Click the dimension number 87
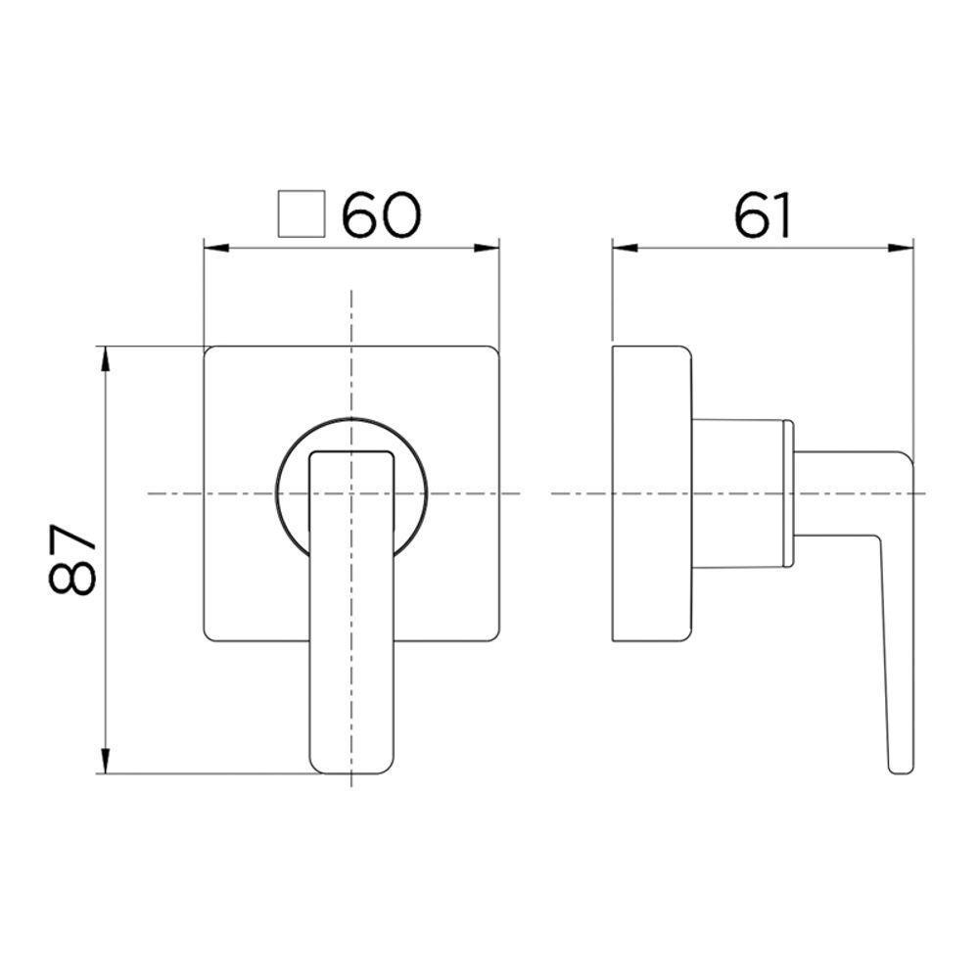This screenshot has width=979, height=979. pyautogui.click(x=72, y=559)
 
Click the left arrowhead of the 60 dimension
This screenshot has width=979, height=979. pyautogui.click(x=210, y=248)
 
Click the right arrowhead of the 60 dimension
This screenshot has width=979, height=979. pyautogui.click(x=491, y=248)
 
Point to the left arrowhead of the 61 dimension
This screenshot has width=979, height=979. pyautogui.click(x=621, y=248)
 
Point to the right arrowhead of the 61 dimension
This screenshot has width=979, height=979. pyautogui.click(x=905, y=248)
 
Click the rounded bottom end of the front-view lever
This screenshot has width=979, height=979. pyautogui.click(x=352, y=769)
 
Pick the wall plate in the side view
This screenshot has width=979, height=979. pyautogui.click(x=651, y=494)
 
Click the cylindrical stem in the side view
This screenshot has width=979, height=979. pyautogui.click(x=739, y=494)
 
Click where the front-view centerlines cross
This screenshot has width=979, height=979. pyautogui.click(x=351, y=493)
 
